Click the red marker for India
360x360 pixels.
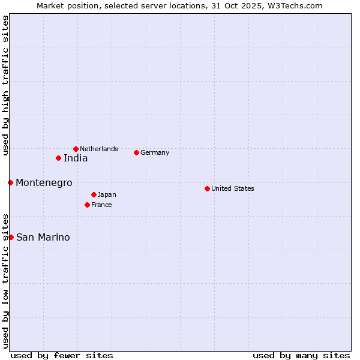click(58, 158)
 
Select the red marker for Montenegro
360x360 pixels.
click(11, 182)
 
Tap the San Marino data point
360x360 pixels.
click(11, 237)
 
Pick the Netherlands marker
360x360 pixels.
click(76, 149)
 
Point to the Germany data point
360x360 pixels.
click(136, 152)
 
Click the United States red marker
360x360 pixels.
click(207, 188)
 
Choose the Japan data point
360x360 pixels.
click(94, 194)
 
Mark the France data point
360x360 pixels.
click(87, 205)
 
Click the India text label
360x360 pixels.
click(76, 158)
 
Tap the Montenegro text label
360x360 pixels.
click(44, 182)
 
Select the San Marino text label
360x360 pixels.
click(43, 237)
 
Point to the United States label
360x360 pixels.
click(233, 188)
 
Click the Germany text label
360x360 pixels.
click(155, 152)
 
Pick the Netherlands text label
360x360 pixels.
click(99, 149)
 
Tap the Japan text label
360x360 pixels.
click(107, 194)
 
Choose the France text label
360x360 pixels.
click(101, 205)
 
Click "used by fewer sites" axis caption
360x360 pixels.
click(62, 355)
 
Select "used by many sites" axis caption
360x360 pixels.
click(301, 355)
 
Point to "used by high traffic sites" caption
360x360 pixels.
click(6, 86)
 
